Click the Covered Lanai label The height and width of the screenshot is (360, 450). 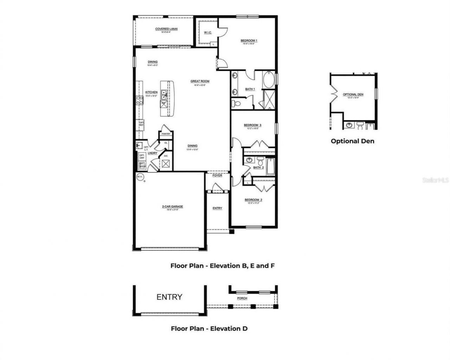(x=166, y=29)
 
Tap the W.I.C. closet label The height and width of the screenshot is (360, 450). (x=207, y=33)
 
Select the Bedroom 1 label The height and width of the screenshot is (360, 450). (x=249, y=41)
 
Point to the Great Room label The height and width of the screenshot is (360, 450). (x=200, y=81)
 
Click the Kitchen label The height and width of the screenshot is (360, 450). (x=152, y=93)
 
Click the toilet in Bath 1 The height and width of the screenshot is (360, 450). (x=237, y=103)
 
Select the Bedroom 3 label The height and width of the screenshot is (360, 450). (x=252, y=125)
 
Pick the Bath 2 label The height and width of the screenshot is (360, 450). (x=258, y=168)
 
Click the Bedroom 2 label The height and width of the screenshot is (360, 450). (x=253, y=200)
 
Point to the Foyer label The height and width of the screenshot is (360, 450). (x=217, y=175)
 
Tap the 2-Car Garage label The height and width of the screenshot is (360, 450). (x=172, y=207)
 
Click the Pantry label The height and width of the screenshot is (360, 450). (x=166, y=134)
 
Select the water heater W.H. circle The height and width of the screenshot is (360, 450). (x=140, y=176)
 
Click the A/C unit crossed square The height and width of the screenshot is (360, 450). (x=166, y=164)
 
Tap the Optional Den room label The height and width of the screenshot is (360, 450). (x=353, y=95)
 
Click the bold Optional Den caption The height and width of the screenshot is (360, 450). (x=352, y=141)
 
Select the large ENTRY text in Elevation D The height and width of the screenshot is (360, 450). (x=169, y=297)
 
